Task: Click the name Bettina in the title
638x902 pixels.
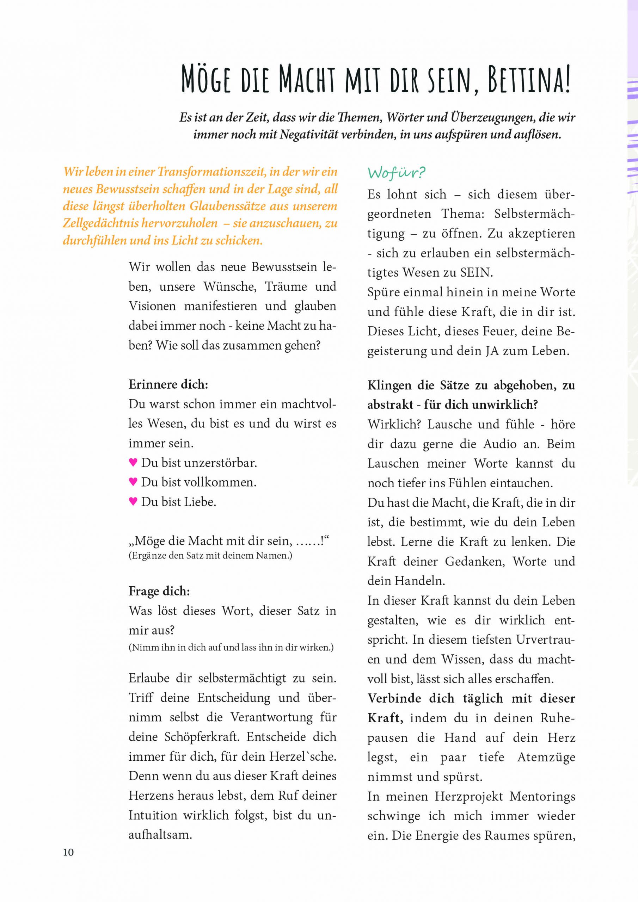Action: [x=529, y=81]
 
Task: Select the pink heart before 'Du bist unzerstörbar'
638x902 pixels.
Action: [x=133, y=462]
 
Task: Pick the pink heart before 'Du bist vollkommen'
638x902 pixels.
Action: [x=133, y=482]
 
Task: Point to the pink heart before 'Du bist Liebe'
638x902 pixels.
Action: [x=133, y=501]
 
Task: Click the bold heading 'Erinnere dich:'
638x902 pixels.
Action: [x=168, y=384]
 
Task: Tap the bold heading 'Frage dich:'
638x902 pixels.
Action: [x=159, y=591]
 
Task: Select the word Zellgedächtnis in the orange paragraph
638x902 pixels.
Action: [x=101, y=223]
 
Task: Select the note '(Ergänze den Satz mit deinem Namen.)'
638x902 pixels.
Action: [x=210, y=556]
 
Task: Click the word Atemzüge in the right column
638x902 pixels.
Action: [x=546, y=757]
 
